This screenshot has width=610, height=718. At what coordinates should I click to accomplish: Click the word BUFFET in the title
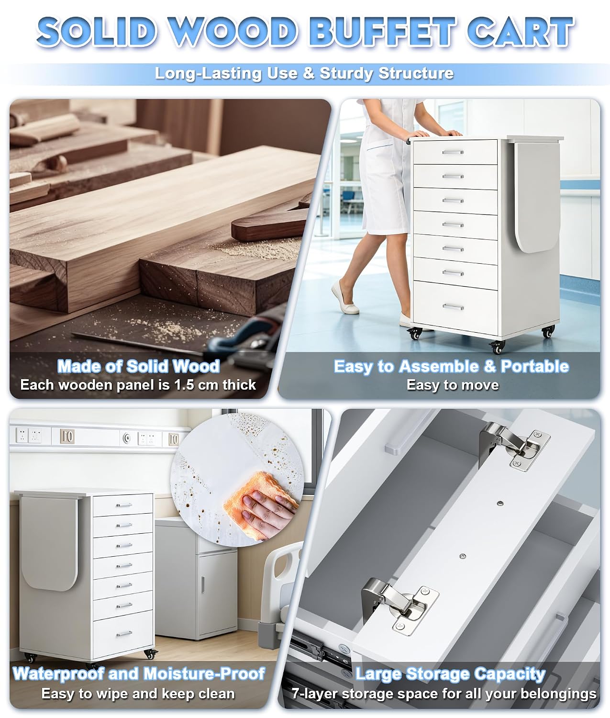coord(382,32)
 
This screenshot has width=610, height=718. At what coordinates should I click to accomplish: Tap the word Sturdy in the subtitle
coord(346,73)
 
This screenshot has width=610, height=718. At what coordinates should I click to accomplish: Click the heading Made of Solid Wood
coord(139,366)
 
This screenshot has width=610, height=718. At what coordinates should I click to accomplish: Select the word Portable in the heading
coord(535,367)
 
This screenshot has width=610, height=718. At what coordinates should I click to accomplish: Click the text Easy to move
coord(453,385)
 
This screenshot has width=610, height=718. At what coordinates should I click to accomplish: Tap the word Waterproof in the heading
coord(58,673)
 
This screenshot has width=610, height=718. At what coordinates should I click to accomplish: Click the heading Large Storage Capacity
coord(450,674)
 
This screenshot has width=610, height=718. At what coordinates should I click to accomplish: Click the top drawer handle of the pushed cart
coord(453,152)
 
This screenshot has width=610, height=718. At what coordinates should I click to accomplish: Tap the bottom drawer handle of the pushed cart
coord(453,307)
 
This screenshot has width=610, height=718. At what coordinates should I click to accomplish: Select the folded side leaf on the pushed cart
coord(536,196)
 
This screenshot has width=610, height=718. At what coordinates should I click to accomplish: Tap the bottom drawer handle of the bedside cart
coord(124,634)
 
